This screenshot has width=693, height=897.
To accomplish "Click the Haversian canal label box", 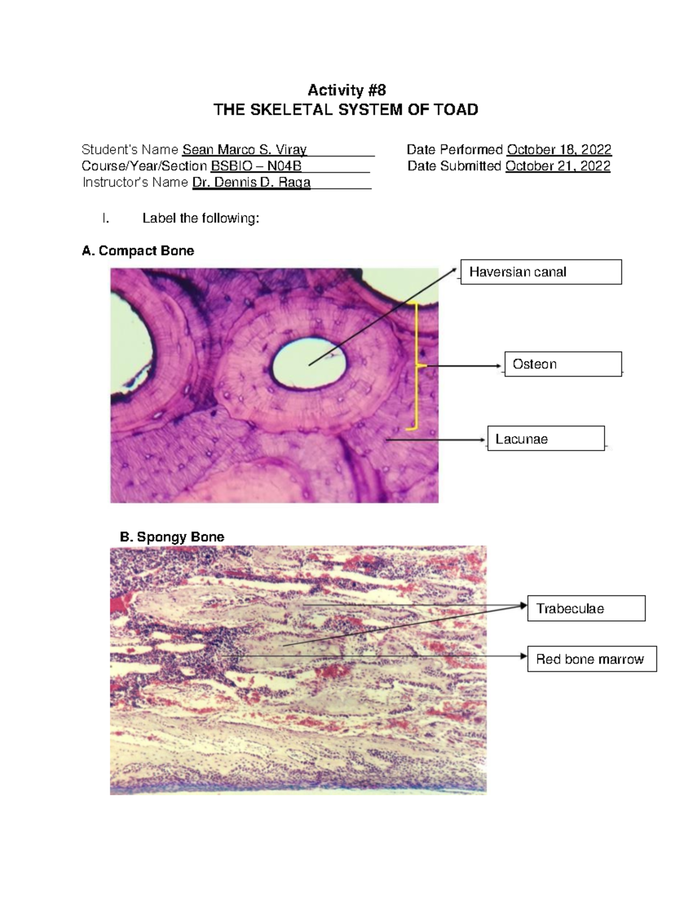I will pyautogui.click(x=541, y=272).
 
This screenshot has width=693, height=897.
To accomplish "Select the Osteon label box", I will pyautogui.click(x=563, y=364).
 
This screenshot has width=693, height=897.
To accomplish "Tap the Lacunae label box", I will pyautogui.click(x=546, y=439).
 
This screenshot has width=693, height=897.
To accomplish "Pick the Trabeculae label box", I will pyautogui.click(x=586, y=609).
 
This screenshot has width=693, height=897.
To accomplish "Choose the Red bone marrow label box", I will pyautogui.click(x=592, y=659).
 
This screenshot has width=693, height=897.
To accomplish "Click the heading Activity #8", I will pyautogui.click(x=346, y=90).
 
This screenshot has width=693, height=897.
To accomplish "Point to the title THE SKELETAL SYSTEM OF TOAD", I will pyautogui.click(x=346, y=110).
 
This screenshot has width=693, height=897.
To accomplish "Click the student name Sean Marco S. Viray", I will pyautogui.click(x=244, y=150).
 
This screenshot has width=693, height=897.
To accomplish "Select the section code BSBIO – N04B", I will pyautogui.click(x=256, y=166).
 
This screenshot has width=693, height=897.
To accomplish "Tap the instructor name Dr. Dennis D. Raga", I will pyautogui.click(x=251, y=183).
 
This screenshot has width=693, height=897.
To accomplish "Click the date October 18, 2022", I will pyautogui.click(x=559, y=150).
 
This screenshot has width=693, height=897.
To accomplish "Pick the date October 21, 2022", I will pyautogui.click(x=558, y=166).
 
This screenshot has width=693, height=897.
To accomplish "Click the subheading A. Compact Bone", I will pyautogui.click(x=138, y=251).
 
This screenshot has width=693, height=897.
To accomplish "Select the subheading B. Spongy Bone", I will pyautogui.click(x=172, y=537).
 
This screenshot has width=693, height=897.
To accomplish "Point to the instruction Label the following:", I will pyautogui.click(x=200, y=218).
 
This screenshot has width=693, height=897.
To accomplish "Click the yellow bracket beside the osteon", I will pyautogui.click(x=416, y=365).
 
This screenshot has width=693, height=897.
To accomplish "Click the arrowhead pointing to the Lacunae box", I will pyautogui.click(x=484, y=440).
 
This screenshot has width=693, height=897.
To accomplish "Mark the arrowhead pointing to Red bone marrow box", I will pyautogui.click(x=524, y=657).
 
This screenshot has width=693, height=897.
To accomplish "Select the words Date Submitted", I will pyautogui.click(x=454, y=166).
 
